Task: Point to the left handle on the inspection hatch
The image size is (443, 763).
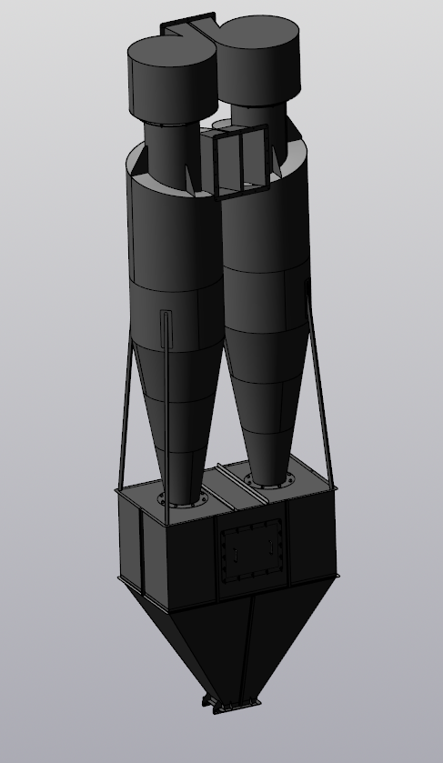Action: pyautogui.click(x=233, y=551)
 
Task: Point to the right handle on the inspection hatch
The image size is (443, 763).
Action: pyautogui.click(x=272, y=546)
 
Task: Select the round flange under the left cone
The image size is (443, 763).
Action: pyautogui.click(x=177, y=501)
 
